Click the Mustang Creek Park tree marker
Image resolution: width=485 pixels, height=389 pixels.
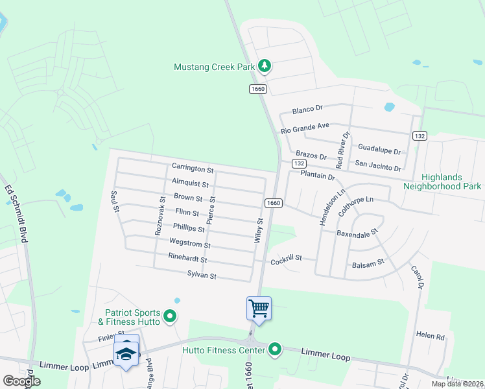(x=265, y=65)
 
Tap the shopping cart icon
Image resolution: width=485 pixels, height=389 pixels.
(x=259, y=307)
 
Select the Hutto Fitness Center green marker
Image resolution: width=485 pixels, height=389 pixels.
(x=275, y=350)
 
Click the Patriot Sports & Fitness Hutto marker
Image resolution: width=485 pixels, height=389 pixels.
(x=171, y=316)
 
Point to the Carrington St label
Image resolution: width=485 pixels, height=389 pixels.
(x=193, y=169)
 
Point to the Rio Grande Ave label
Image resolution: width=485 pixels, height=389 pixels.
(x=305, y=128)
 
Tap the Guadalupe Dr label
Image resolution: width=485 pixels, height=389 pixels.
(x=379, y=150)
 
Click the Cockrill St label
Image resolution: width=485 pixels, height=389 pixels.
(x=287, y=258)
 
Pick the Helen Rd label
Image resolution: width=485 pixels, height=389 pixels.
(x=431, y=336)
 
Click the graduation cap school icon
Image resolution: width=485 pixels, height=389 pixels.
(x=126, y=353)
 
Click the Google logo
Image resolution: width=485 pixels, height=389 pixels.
(x=22, y=381)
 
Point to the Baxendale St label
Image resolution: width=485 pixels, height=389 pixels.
(x=357, y=231)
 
